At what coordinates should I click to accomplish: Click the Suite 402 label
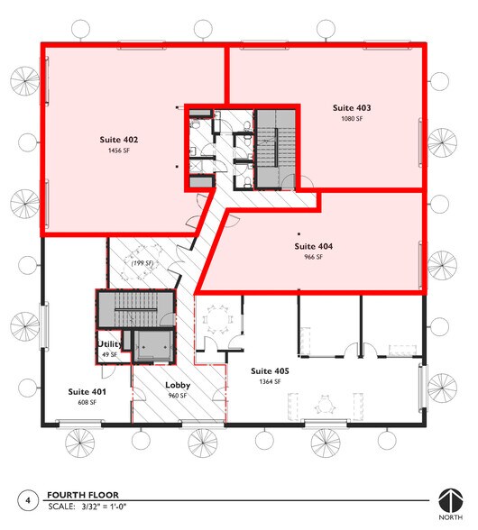coord(118,140)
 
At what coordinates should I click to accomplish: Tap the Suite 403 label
coord(351,107)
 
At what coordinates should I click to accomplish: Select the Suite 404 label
coord(313,245)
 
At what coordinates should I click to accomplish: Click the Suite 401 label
coord(87,392)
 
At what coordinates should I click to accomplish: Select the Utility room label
coord(109,344)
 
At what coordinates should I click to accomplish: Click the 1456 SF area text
coord(118,151)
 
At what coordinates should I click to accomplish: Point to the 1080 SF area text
coord(351,119)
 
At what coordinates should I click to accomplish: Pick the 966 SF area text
coord(313,257)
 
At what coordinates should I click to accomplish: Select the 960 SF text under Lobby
coord(176,397)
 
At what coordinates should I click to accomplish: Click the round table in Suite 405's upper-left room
coord(216,318)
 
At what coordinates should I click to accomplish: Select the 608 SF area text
coord(87,403)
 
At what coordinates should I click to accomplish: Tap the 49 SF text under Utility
coord(109,355)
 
